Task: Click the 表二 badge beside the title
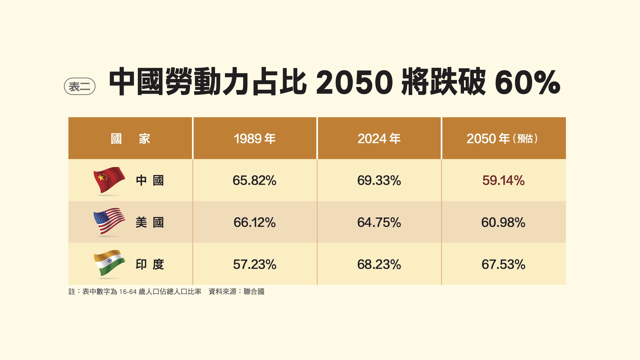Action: (80, 86)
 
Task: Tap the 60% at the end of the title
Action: (527, 82)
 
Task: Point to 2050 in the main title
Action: (355, 82)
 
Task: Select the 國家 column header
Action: (130, 138)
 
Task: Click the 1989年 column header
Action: (255, 138)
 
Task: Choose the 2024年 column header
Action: (379, 138)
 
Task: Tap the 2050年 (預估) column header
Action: (502, 138)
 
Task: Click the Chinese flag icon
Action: (109, 180)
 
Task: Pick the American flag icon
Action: (109, 222)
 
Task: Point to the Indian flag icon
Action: (109, 264)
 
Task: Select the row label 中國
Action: (150, 180)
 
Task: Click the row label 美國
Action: (150, 222)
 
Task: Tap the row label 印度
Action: (150, 264)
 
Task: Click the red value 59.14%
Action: (503, 180)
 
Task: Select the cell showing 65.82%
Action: (255, 180)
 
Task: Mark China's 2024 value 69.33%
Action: (379, 180)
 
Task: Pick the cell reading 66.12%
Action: (255, 222)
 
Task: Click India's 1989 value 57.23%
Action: (255, 264)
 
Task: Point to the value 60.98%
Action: (503, 222)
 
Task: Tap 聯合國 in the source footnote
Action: (254, 292)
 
